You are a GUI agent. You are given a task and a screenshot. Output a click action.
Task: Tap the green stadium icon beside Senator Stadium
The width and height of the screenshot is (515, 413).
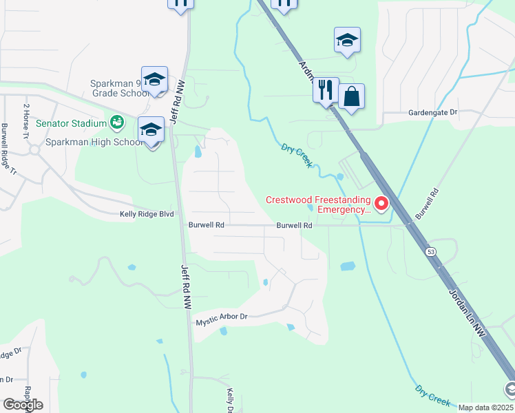coord(118,123)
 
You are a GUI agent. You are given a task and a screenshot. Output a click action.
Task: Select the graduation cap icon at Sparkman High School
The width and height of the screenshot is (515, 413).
coord(151,130)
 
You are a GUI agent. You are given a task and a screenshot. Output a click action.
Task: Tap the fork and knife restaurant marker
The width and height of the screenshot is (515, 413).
coord(326,89)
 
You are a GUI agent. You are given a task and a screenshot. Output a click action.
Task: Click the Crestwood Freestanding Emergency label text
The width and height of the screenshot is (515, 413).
coord(318,205)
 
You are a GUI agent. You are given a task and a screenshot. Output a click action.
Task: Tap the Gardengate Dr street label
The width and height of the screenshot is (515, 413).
coord(432,112)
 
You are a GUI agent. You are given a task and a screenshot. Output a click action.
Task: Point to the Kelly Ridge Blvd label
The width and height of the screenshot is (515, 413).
coord(147,214)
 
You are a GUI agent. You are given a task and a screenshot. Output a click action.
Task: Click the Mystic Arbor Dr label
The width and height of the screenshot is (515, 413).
coord(221,318)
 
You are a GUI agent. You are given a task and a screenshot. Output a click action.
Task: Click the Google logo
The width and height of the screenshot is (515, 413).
coord(23,405)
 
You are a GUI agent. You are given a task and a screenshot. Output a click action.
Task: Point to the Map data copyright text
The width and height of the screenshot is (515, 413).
coord(486,407)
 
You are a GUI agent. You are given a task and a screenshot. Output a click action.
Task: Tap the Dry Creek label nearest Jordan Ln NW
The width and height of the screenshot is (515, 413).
coord(433,394)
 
